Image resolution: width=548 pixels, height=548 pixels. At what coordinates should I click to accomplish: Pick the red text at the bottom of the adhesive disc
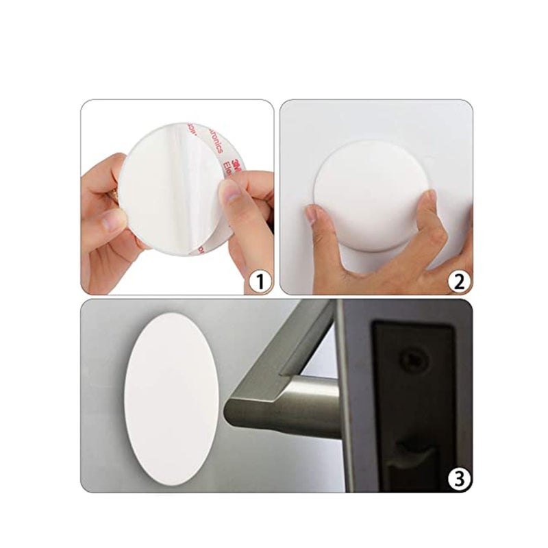[200, 249]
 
